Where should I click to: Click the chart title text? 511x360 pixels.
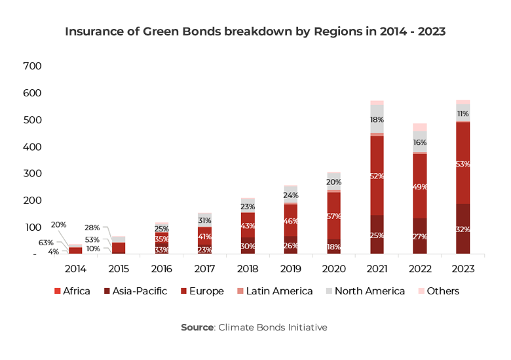tap(255, 31)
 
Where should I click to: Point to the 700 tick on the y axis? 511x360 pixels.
tap(32, 66)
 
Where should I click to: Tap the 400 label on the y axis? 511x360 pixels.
tap(32, 147)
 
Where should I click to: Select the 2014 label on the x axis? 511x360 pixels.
tap(75, 269)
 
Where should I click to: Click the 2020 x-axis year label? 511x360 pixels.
tap(334, 269)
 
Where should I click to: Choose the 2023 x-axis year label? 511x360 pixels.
tap(463, 269)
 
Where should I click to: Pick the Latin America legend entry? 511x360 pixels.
tap(274, 291)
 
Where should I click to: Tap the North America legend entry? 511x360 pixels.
tap(364, 291)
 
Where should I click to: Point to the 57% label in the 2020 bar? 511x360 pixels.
tap(334, 216)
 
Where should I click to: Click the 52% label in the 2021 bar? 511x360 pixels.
tap(377, 176)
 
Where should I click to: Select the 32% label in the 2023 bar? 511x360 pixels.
tap(463, 230)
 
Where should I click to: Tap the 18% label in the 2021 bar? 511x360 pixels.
tap(377, 120)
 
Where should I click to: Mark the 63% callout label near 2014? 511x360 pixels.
tap(46, 243)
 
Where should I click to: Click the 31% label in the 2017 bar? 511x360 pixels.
tap(205, 221)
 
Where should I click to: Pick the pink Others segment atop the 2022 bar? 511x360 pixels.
tap(420, 127)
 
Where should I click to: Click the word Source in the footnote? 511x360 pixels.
tap(197, 327)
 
